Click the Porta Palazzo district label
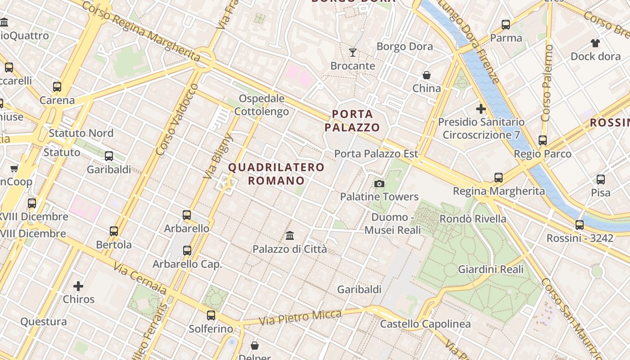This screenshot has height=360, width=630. pyautogui.click(x=352, y=121)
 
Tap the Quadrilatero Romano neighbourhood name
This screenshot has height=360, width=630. pyautogui.click(x=276, y=174)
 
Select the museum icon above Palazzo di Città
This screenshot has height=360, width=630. pyautogui.click(x=290, y=235)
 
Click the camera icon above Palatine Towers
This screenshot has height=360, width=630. pyautogui.click(x=379, y=184)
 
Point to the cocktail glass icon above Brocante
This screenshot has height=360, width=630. pyautogui.click(x=353, y=53)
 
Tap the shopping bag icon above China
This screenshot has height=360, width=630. pyautogui.click(x=426, y=75)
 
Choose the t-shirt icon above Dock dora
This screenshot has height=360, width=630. pyautogui.click(x=595, y=43)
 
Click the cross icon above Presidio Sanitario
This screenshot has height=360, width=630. pyautogui.click(x=481, y=108)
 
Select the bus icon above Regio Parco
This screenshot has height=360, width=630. pyautogui.click(x=543, y=140)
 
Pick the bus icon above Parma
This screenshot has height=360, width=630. pyautogui.click(x=506, y=25)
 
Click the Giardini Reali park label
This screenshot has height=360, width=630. pyautogui.click(x=490, y=270)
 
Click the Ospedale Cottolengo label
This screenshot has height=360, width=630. pyautogui.click(x=262, y=105)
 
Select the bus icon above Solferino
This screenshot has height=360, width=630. pyautogui.click(x=211, y=315)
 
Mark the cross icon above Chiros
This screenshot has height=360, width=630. pyautogui.click(x=78, y=286)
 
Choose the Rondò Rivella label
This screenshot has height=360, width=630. pyautogui.click(x=473, y=219)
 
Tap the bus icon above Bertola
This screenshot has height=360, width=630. pyautogui.click(x=114, y=231)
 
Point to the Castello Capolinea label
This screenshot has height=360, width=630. pyautogui.click(x=425, y=324)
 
